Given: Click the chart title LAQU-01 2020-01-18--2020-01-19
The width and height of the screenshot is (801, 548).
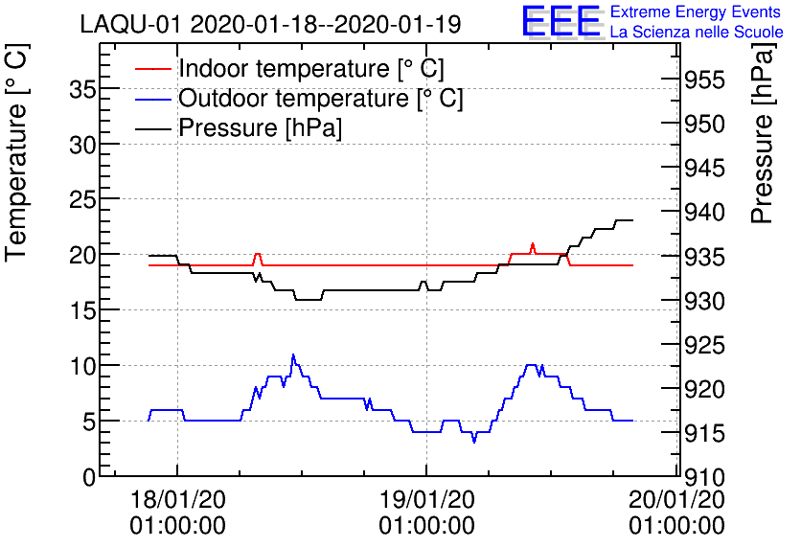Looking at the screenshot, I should click(x=270, y=24).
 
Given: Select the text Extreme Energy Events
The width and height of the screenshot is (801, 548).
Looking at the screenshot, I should click(x=697, y=12).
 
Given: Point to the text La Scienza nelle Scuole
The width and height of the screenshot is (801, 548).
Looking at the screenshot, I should click(x=697, y=33).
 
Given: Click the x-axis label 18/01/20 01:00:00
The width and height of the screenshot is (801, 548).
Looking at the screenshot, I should click(x=178, y=512).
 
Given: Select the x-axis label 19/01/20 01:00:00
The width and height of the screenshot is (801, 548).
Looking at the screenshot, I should click(x=426, y=512).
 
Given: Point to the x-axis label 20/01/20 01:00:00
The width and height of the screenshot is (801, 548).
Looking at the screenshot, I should click(x=676, y=512).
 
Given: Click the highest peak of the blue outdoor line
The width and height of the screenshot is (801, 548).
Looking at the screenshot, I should click(x=293, y=355).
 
